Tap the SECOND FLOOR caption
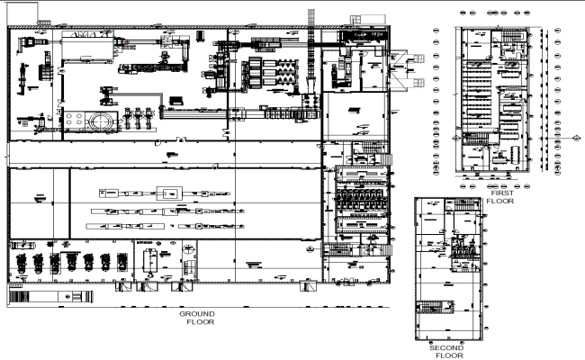pyautogui.click(x=446, y=350)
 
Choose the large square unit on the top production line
pyautogui.click(x=166, y=193)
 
